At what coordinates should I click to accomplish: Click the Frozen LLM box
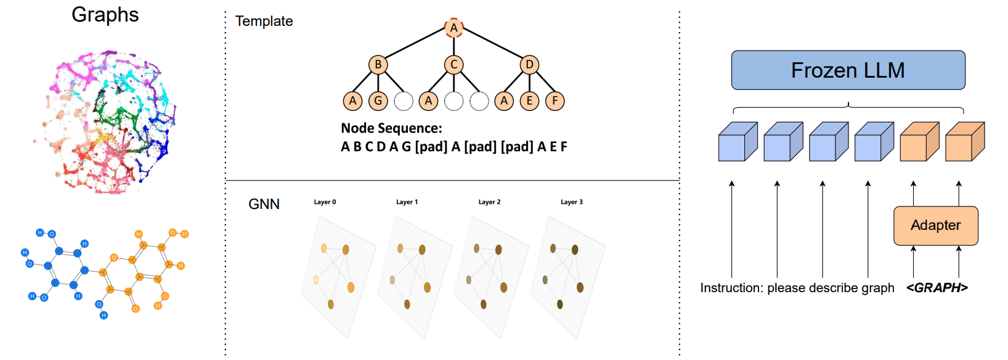point(848,70)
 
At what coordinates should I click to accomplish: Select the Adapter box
point(935,226)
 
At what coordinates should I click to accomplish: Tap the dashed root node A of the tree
point(453,28)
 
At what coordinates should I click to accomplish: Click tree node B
point(378,65)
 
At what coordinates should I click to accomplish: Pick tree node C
point(453,65)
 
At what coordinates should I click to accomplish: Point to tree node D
point(529,65)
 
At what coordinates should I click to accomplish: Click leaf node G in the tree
point(378,100)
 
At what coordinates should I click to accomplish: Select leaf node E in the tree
point(529,100)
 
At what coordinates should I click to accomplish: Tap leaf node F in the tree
point(555,100)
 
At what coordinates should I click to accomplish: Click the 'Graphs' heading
point(105,15)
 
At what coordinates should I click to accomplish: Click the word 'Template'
point(264,21)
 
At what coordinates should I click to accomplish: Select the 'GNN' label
point(264,204)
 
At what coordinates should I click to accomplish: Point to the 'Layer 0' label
point(325,202)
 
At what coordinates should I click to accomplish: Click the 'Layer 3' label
point(571,202)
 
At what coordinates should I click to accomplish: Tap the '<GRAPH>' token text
point(937,288)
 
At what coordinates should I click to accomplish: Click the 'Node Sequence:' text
point(391,128)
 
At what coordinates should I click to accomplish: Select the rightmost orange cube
point(964,142)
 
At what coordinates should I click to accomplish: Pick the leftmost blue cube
point(738,142)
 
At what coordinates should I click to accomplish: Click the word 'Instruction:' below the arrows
point(731,288)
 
